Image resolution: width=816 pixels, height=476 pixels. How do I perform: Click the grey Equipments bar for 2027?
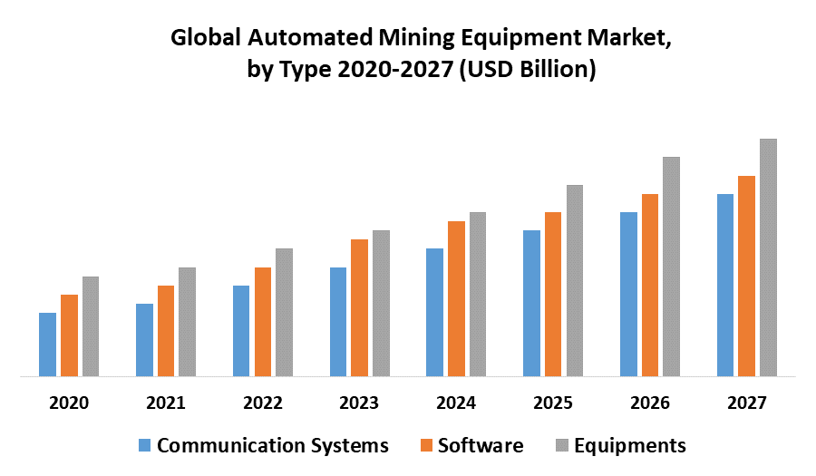click(x=768, y=257)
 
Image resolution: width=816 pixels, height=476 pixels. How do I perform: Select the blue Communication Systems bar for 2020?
click(x=47, y=345)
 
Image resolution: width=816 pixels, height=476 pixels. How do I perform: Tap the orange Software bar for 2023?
click(x=359, y=307)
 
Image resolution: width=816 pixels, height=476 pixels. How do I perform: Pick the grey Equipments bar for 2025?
click(x=574, y=280)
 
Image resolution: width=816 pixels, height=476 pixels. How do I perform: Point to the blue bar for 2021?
click(x=144, y=340)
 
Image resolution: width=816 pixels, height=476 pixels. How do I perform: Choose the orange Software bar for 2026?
click(x=650, y=285)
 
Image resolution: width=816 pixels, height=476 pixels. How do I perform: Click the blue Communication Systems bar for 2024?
click(x=434, y=312)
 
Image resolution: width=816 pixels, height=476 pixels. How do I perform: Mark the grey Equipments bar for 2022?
click(x=284, y=312)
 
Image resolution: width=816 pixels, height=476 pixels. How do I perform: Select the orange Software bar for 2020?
click(x=69, y=335)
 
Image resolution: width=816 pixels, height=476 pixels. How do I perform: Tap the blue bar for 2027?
click(x=725, y=285)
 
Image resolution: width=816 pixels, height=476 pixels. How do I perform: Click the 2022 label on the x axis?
click(x=262, y=403)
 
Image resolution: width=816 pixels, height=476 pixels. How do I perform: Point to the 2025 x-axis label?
click(x=552, y=403)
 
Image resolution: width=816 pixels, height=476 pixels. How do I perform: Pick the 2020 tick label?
click(x=69, y=403)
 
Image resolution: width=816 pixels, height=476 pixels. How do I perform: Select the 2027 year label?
click(x=746, y=403)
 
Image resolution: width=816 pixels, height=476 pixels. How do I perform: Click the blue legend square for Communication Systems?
click(x=145, y=446)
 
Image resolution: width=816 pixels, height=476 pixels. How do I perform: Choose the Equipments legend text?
click(x=630, y=446)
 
